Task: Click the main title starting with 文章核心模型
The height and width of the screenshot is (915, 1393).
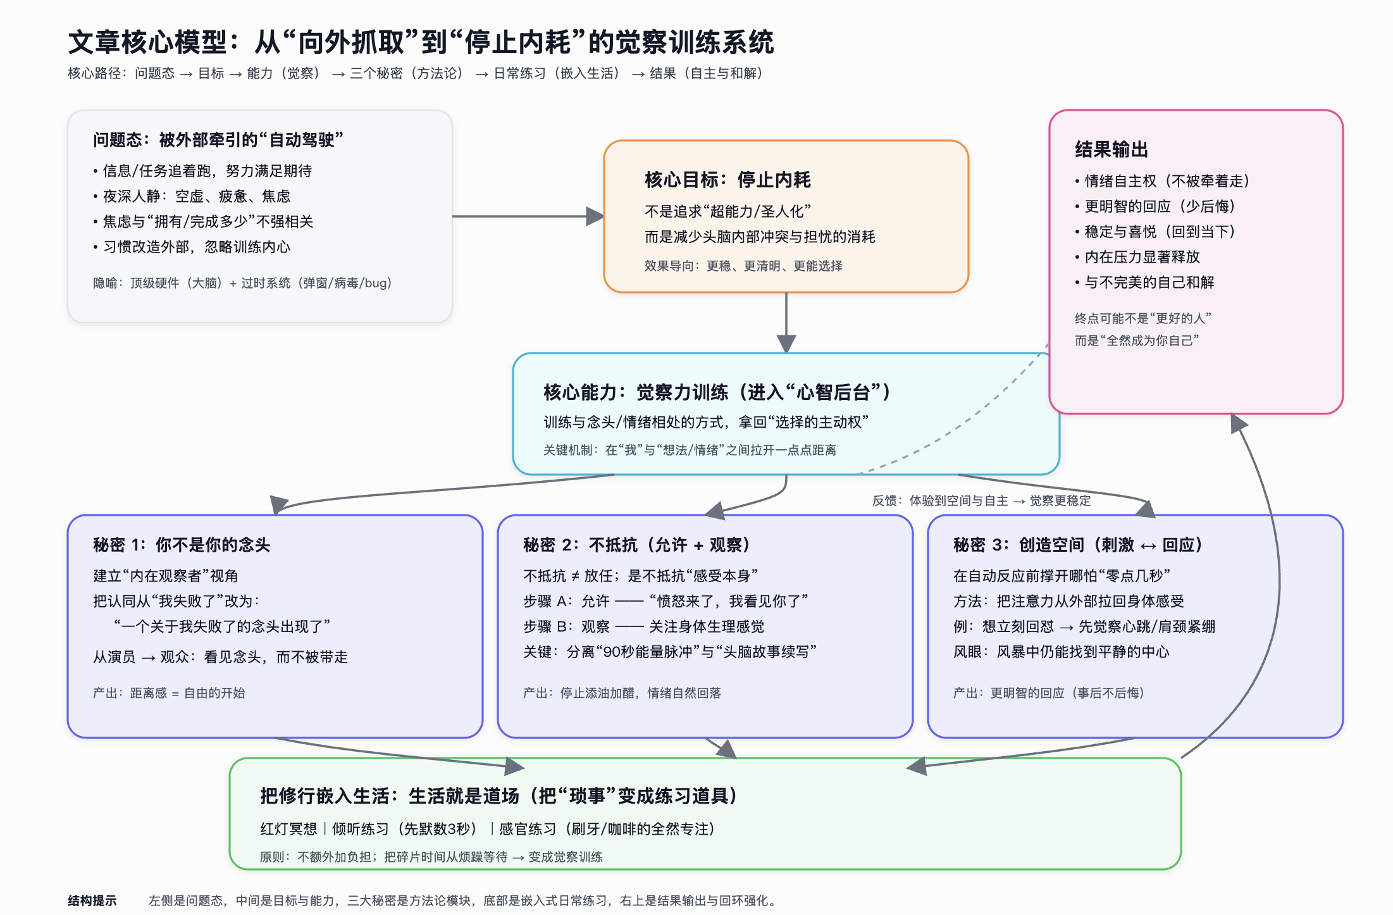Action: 420,42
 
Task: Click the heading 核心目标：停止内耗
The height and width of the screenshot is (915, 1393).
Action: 727,180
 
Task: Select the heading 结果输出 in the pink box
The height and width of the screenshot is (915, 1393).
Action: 1111,149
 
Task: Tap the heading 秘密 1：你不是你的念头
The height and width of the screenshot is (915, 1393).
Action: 182,545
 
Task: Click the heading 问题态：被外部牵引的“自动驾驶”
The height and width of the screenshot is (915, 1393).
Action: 218,140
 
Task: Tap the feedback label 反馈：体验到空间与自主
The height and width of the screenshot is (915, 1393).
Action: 981,501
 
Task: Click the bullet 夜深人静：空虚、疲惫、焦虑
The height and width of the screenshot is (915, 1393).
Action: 196,196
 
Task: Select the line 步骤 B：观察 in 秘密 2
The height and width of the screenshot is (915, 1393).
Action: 643,626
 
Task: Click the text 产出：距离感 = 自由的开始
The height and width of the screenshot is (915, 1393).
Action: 169,693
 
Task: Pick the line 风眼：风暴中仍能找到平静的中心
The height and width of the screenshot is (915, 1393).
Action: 1061,652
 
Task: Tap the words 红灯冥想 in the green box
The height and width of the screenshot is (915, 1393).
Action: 288,829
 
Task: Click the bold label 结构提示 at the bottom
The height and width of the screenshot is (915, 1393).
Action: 92,900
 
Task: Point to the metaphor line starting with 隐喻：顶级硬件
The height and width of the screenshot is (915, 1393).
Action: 242,283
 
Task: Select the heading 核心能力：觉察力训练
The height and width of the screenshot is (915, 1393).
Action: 716,392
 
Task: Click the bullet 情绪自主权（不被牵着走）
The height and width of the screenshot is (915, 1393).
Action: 1167,181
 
